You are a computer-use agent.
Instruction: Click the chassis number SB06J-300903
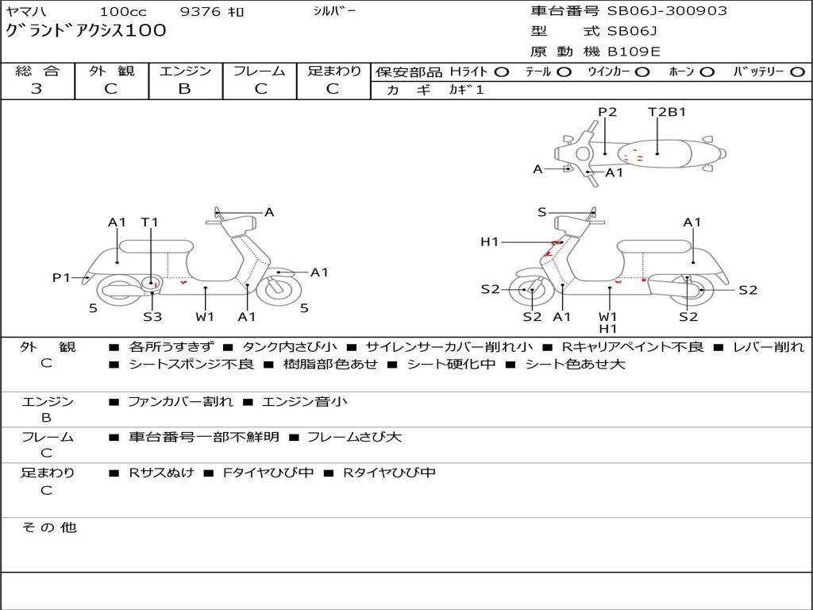click(667, 10)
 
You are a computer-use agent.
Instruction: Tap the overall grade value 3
click(37, 89)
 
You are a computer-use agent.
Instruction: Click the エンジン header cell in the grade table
click(185, 71)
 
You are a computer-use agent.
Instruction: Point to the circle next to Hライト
click(502, 72)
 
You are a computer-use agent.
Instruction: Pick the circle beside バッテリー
click(797, 72)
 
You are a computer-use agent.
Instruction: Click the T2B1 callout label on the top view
click(667, 111)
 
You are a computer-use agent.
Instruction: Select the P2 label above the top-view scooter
click(607, 111)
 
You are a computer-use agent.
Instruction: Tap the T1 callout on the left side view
click(150, 222)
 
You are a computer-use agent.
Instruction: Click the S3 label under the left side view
click(152, 316)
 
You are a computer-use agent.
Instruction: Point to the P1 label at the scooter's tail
click(61, 277)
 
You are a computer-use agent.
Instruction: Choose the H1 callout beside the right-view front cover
click(489, 241)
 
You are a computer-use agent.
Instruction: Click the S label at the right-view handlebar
click(541, 212)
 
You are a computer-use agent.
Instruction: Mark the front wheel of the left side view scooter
click(279, 289)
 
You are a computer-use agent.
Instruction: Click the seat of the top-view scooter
click(654, 154)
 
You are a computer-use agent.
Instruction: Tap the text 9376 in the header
click(200, 11)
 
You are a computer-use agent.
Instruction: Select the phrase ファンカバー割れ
click(180, 401)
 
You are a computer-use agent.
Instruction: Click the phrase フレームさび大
click(354, 437)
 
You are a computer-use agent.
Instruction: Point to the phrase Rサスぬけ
click(161, 473)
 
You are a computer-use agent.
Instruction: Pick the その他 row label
click(49, 527)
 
